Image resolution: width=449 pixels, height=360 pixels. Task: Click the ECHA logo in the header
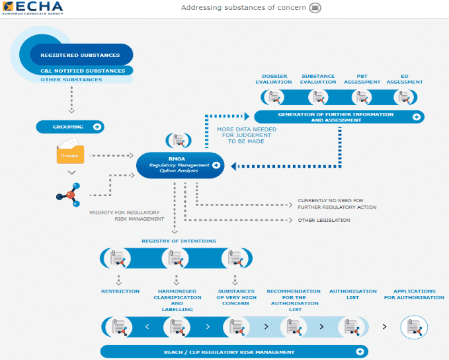pos(32,8)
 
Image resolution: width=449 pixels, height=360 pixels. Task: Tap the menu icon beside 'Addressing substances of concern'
pos(315,8)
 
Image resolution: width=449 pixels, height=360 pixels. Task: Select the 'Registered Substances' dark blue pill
pos(81,55)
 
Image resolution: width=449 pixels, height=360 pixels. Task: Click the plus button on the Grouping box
pos(97,127)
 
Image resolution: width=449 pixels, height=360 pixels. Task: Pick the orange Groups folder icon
pos(70,151)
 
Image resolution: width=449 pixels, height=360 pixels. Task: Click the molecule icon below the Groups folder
pos(68,195)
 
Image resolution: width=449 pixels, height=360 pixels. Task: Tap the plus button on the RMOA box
pos(216,165)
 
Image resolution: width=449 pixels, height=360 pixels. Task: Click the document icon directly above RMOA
pos(179,141)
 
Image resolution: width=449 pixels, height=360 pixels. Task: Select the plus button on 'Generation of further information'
pos(417,117)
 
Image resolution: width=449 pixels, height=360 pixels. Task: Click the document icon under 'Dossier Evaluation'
pos(274,97)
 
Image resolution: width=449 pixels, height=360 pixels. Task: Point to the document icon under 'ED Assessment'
pos(404,97)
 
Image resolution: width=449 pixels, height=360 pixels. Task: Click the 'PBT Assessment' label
pos(362,79)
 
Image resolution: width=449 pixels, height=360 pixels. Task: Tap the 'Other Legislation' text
pos(324,220)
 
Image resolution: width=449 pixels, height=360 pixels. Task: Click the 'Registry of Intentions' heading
pos(179,241)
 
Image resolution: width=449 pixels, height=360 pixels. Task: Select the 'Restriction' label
pos(120,291)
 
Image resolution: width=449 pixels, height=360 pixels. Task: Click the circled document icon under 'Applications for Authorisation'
pos(414,327)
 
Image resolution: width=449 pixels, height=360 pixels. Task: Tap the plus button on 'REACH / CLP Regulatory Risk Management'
pos(360,351)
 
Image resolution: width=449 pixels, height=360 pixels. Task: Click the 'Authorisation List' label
pos(353,295)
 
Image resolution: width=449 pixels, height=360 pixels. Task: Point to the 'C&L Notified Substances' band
pos(83,71)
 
